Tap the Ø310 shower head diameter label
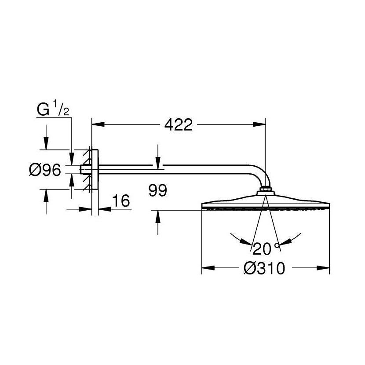(265, 268)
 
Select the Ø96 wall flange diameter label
(45, 170)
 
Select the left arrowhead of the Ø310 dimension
(206, 267)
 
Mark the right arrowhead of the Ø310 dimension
(325, 267)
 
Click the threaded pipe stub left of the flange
(85, 170)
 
